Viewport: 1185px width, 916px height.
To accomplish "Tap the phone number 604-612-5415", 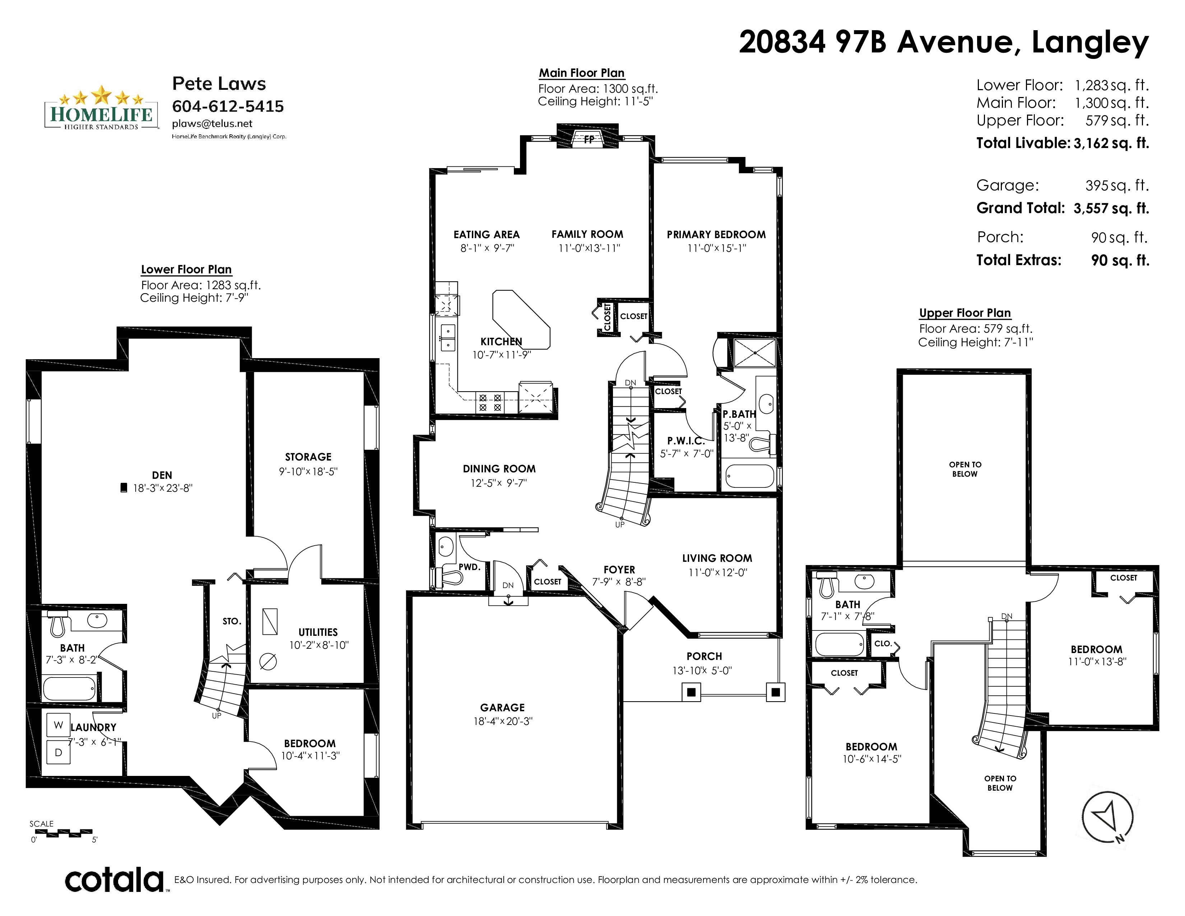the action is [228, 106].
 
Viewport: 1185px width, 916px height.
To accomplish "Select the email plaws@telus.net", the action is [212, 124].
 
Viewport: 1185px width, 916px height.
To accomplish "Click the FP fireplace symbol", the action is [588, 139].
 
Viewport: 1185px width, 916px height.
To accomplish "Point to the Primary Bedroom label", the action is [716, 235].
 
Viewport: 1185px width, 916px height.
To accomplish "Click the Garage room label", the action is [502, 708].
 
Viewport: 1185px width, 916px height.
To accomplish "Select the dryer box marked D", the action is [59, 752].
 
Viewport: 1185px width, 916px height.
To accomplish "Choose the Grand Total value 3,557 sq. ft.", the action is [1111, 208].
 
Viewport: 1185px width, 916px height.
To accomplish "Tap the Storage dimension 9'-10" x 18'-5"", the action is [308, 472].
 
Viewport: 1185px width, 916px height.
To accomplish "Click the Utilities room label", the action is [318, 632].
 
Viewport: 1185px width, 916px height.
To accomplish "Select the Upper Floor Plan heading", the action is [965, 313].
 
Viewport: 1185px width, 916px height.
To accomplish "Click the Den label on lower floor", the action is [162, 475].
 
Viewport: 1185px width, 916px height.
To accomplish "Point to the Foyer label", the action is [619, 570].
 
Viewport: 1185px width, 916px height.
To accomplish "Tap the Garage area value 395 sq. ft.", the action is [1117, 186].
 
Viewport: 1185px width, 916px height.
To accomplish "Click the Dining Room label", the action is [499, 469].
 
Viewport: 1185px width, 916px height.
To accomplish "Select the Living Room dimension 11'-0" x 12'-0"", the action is [718, 573].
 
